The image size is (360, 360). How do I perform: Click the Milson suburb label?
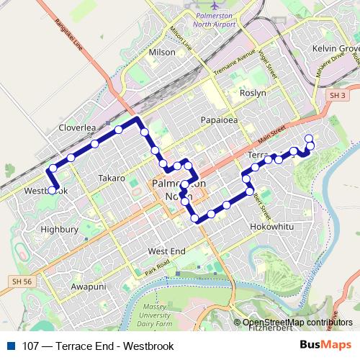[x=161, y=53]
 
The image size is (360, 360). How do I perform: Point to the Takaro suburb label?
[x=112, y=178]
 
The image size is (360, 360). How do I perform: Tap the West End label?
[x=166, y=251]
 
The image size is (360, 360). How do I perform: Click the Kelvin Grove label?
[x=335, y=48]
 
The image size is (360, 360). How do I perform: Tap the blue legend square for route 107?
[x=9, y=346]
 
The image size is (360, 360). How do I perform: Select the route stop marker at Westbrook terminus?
[x=52, y=190]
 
